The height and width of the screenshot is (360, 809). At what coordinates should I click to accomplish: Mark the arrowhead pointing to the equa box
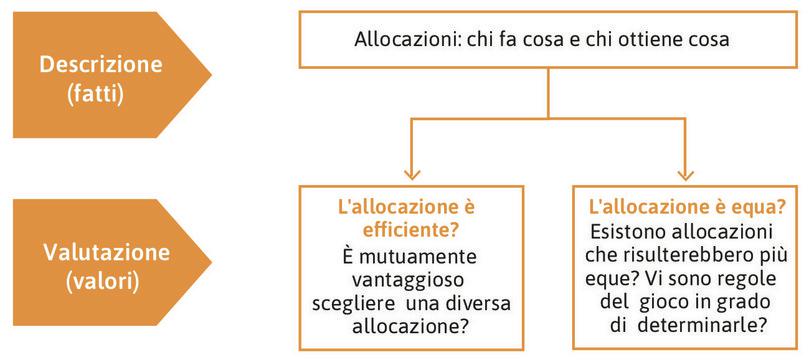point(685,172)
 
